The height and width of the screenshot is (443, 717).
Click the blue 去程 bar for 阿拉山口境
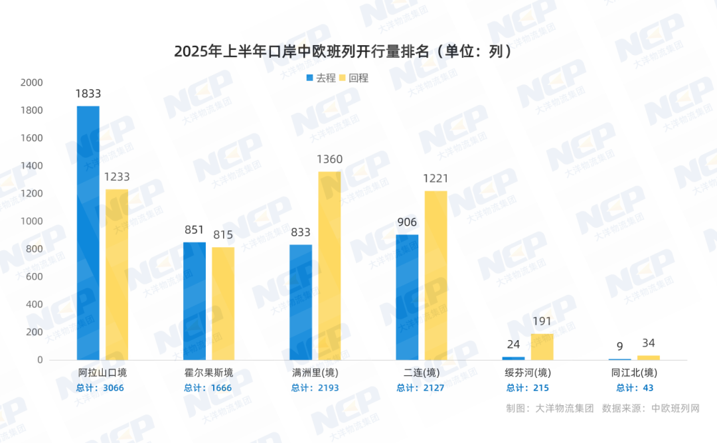click(88, 232)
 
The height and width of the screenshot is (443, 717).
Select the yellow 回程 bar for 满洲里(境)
click(329, 266)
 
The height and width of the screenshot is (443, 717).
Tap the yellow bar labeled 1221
click(436, 275)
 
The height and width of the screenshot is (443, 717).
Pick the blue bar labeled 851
click(195, 301)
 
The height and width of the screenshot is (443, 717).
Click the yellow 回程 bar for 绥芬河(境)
click(542, 347)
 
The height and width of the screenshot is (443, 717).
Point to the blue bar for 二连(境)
click(407, 297)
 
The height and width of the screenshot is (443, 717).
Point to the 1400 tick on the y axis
click(31, 166)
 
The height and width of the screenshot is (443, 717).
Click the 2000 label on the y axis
click(31, 82)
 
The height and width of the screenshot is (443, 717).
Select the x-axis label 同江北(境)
click(634, 372)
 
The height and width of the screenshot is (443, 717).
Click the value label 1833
click(88, 94)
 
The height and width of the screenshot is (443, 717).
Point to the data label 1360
click(329, 159)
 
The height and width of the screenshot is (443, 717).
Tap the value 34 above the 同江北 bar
click(648, 343)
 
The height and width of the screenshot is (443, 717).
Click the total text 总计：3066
click(101, 388)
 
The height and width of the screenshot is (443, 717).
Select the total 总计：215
click(528, 388)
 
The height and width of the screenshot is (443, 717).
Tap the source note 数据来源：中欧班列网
click(651, 408)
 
